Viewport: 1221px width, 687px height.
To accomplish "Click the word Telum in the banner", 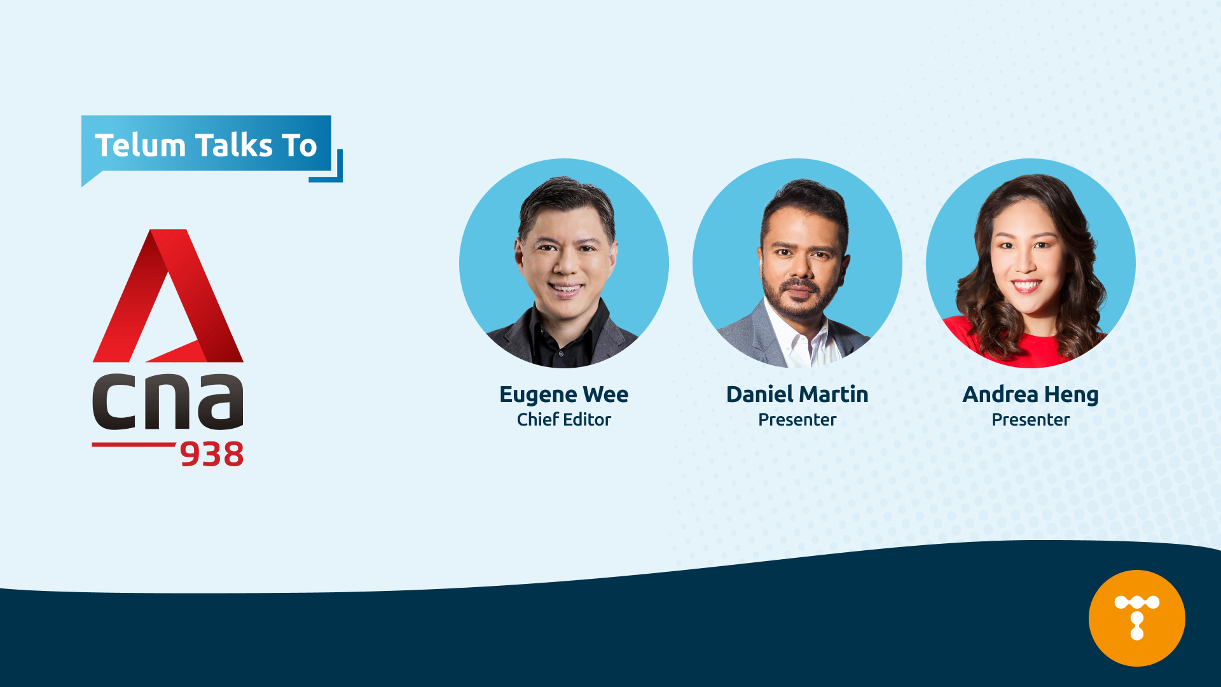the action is (x=140, y=145).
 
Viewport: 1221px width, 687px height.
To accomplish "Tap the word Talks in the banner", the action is (x=233, y=145).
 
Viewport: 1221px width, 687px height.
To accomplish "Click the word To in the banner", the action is (x=300, y=145).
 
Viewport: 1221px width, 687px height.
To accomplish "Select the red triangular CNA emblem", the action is (x=168, y=296).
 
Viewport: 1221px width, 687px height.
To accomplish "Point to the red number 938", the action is (x=212, y=454).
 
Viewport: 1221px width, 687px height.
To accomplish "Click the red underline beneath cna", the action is (x=134, y=444).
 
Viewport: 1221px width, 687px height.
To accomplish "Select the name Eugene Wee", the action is (x=564, y=394).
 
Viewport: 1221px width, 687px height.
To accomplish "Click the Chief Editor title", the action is (x=564, y=420).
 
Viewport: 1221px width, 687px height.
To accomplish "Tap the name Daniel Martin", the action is (x=797, y=394).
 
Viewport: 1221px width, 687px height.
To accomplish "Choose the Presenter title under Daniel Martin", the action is (x=797, y=420).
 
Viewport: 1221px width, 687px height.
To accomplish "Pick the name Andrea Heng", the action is (x=1031, y=395).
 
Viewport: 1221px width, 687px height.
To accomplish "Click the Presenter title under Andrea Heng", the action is (x=1031, y=420).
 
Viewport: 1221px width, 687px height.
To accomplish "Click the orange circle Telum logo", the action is (x=1137, y=618).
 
